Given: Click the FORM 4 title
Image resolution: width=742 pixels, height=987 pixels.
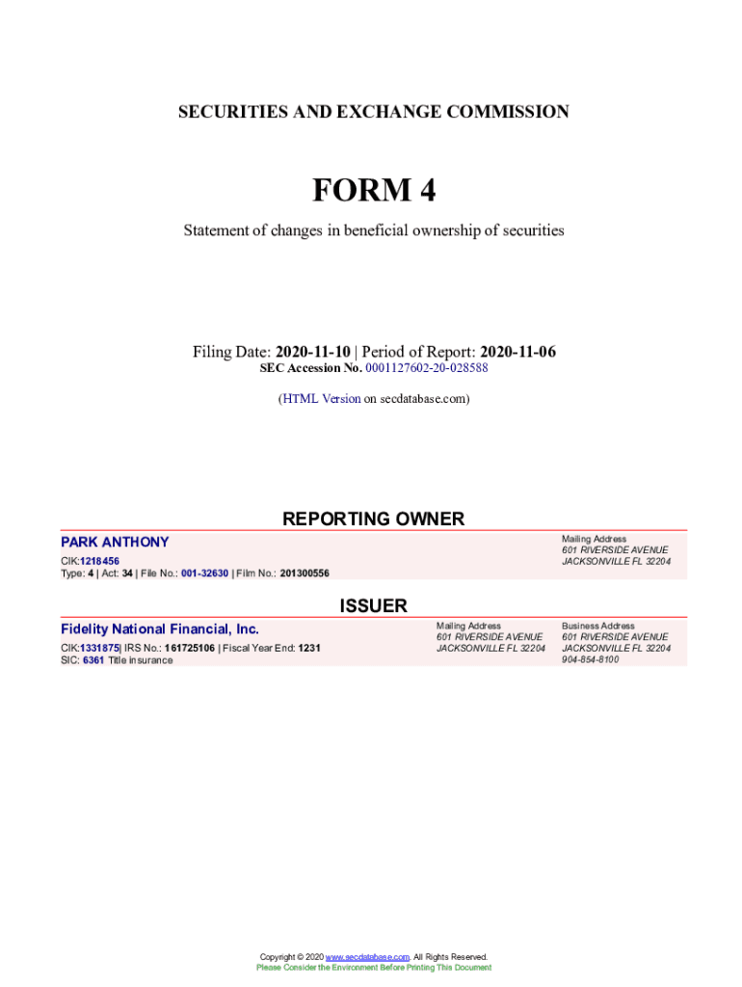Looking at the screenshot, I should coord(373,191).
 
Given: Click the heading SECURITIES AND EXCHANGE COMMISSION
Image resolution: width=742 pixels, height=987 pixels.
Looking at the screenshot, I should coord(373,112).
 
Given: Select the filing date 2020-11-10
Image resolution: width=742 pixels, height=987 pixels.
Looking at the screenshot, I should coord(313,352).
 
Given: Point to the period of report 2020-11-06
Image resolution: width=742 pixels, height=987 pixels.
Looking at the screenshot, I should coord(517,352).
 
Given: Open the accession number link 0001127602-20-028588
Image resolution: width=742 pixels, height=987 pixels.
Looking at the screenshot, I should coord(427,368).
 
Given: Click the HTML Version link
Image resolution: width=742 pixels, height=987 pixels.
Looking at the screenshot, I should coord(321,398).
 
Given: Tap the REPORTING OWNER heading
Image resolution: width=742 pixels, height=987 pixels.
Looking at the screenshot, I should coord(373,519).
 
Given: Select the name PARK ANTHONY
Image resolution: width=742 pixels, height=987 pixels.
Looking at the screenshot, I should coord(115,542).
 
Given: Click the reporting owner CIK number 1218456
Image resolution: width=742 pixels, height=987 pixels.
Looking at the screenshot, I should coord(99,561).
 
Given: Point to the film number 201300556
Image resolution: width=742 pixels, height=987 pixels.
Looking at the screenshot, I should coord(305,574).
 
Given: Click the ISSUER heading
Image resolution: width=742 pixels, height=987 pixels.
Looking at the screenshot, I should coord(373,605).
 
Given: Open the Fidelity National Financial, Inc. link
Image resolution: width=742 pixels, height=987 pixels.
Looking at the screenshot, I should coord(160,628).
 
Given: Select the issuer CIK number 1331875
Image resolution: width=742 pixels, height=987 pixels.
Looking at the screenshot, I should coord(99,649).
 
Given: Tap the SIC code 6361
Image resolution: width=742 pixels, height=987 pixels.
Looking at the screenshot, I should coord(93,660).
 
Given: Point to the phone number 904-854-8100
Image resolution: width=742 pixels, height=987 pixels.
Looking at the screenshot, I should coord(591,660).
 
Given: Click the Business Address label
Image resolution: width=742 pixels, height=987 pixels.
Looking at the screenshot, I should coord(598,626).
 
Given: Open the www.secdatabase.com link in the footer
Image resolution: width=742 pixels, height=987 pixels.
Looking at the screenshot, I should coord(368,957).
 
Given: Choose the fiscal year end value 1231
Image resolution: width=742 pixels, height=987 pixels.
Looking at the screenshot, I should coord(309,649).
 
